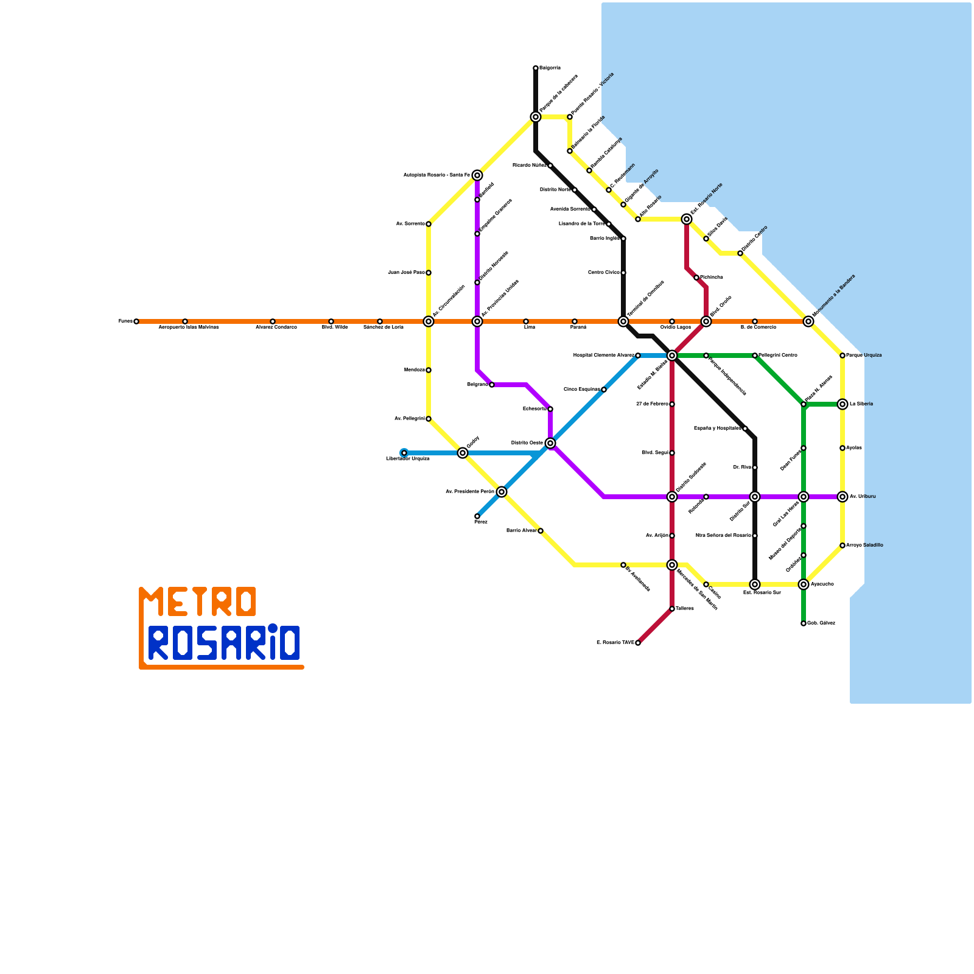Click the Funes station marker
pos(136,321)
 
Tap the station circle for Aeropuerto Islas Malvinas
pos(185,321)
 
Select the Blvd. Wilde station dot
pos(331,321)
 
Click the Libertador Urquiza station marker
pos(404,453)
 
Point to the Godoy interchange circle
pos(463,453)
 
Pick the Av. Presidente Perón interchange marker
pos(502,492)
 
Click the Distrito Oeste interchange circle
pos(550,443)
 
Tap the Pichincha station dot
pos(696,278)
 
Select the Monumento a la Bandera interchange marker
pos(808,321)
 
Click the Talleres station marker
pos(672,609)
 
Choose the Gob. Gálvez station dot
pos(804,623)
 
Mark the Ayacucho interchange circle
pos(804,584)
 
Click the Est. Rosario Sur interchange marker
pos(755,584)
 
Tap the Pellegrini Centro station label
pos(778,355)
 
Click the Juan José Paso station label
pos(406,273)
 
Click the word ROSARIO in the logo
pos(224,643)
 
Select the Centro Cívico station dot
pos(623,273)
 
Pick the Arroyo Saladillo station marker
pos(843,545)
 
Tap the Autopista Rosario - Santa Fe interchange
pos(477,175)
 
